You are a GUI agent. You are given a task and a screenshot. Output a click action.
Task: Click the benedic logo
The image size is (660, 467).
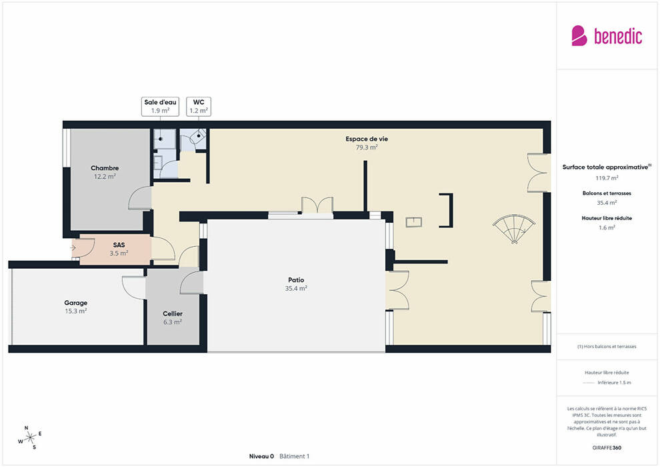point(607,36)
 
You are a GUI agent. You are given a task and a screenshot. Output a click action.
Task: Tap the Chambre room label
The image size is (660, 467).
point(105,168)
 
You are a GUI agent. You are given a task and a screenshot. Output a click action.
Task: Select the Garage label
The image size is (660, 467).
point(76,303)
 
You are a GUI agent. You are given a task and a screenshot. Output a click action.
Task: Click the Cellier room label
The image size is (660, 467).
point(173,314)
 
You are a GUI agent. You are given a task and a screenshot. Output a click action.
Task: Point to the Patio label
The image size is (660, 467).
point(296,280)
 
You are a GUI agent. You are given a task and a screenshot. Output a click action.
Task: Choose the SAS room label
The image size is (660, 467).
point(119,245)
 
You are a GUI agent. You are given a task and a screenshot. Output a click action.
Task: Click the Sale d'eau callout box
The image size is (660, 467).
point(160,107)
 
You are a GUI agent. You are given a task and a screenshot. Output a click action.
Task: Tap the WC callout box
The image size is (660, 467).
point(199,107)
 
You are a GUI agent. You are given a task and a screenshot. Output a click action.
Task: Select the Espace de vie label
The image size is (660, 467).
point(367,139)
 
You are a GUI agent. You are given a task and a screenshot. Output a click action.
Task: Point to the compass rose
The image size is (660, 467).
point(30,438)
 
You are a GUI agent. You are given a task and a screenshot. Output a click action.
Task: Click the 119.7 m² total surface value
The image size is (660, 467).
point(607,178)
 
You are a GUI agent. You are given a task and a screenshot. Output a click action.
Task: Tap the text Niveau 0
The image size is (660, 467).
point(261,456)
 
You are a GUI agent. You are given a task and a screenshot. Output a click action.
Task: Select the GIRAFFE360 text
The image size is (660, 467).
point(607,448)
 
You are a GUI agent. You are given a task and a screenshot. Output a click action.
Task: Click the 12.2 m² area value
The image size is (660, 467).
point(105,176)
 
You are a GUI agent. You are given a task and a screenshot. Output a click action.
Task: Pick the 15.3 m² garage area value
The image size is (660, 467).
point(76,311)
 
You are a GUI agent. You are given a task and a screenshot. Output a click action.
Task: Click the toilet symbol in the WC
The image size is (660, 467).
point(198,136)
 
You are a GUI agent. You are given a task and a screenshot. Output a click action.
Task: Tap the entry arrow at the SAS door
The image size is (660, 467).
point(73,248)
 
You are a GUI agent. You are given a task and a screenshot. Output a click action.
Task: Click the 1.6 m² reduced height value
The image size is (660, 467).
point(607,227)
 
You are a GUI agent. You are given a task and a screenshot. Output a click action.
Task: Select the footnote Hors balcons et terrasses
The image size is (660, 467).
point(607,346)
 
